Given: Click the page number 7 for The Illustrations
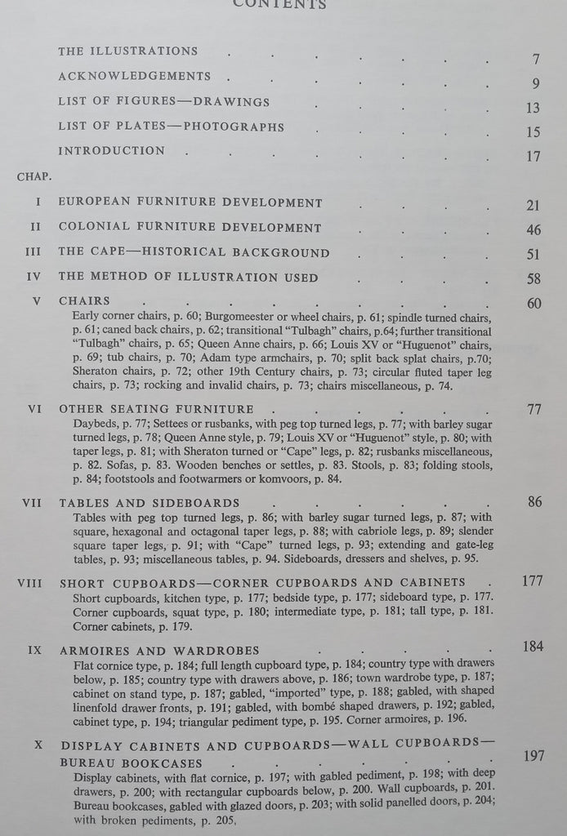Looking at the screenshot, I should click(536, 59).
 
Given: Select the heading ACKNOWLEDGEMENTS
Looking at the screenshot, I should click(134, 76).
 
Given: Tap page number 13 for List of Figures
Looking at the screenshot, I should click(534, 108).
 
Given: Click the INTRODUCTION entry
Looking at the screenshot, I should click(111, 150).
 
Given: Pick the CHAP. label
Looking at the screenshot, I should click(32, 176).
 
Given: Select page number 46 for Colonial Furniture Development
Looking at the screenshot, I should click(534, 229).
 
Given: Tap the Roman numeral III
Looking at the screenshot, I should click(33, 252).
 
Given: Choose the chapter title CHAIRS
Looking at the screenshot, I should click(84, 301).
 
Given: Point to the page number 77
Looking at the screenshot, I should click(534, 410).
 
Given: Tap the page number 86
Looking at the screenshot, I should click(534, 502).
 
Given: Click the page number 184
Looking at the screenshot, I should click(533, 647).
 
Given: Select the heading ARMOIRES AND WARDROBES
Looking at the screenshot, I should click(159, 651).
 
